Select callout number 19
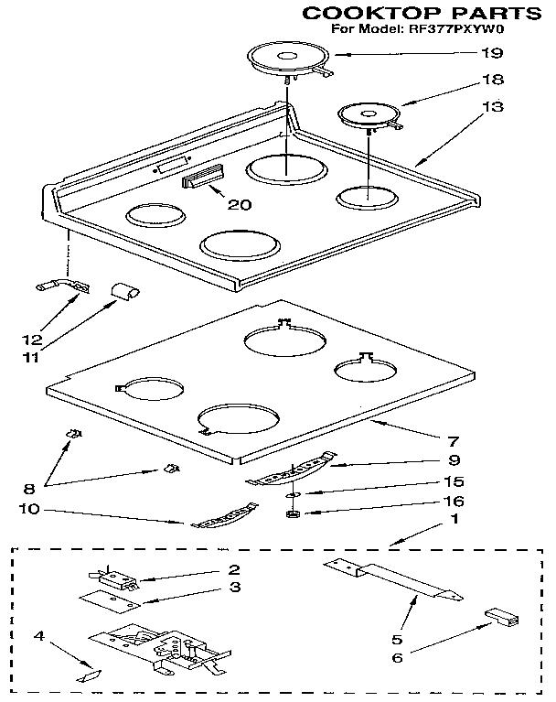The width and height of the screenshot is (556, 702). [x=492, y=53]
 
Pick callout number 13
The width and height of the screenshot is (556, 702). [x=492, y=107]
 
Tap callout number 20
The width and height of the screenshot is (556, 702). [x=239, y=204]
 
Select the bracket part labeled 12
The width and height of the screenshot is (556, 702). [x=62, y=287]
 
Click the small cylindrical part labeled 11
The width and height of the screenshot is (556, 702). [x=124, y=291]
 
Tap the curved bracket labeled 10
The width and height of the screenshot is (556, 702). [x=222, y=518]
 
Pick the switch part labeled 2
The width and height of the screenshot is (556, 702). [x=112, y=578]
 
